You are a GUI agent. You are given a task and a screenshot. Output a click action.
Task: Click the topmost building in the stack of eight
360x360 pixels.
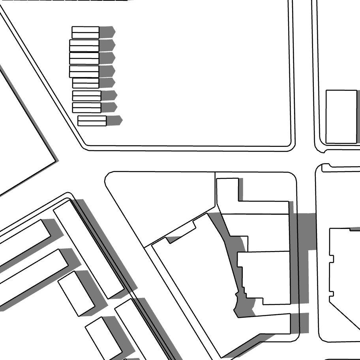85,32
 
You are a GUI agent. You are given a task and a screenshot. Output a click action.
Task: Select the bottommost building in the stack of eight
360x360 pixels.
92,121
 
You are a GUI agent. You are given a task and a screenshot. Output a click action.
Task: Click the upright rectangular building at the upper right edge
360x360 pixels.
341,116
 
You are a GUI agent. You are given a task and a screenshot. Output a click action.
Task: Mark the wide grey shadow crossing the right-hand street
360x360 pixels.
307,231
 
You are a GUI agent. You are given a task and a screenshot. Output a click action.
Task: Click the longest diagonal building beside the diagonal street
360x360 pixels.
88,249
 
